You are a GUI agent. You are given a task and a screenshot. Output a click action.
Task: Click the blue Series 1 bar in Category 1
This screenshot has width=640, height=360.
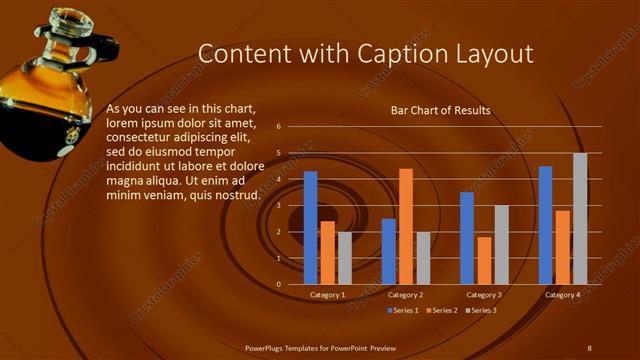311,228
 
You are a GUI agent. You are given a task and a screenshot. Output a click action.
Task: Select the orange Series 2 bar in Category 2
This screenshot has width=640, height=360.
406,226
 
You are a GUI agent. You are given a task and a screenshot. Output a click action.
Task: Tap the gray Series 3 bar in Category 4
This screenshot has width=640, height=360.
580,219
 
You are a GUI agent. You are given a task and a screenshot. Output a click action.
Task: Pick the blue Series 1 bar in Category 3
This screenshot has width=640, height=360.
467,238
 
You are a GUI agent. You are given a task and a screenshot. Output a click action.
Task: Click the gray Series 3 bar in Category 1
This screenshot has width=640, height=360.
345,258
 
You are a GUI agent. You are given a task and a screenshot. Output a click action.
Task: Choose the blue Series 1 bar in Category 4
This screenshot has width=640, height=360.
545,225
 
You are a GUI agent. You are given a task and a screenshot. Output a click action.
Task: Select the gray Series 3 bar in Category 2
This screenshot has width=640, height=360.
423,258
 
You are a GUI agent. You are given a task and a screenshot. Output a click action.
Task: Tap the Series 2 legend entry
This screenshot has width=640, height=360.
441,310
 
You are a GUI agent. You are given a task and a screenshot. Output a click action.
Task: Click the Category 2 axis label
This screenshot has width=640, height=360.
406,295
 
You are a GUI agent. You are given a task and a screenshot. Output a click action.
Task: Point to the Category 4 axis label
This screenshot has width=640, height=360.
562,295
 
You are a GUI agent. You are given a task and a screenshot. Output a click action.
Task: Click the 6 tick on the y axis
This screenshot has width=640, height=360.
279,127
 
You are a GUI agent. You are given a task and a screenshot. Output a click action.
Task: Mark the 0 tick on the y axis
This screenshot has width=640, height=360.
279,284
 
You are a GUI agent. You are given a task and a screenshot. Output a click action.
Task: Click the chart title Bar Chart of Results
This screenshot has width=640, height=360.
440,110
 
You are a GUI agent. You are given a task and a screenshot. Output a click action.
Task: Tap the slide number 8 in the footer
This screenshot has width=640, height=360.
589,347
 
